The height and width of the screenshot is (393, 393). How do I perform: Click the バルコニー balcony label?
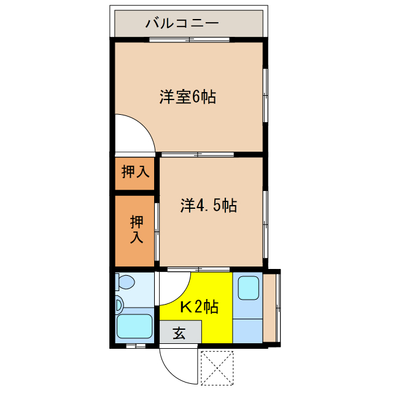[182, 24]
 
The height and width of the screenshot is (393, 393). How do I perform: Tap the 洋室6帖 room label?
[187, 96]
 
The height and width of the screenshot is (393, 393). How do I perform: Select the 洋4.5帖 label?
[208, 205]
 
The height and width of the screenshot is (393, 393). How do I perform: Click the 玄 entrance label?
[179, 333]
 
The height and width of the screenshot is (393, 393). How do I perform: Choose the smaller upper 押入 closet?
[134, 173]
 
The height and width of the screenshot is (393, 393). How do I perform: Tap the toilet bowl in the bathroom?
[126, 283]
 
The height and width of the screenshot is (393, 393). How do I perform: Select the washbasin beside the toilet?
[119, 304]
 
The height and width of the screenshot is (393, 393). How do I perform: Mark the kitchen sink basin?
[248, 287]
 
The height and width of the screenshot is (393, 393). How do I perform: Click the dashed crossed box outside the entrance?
[218, 368]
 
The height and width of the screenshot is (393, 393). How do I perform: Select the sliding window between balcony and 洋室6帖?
[189, 41]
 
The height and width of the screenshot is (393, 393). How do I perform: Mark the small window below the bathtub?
[136, 346]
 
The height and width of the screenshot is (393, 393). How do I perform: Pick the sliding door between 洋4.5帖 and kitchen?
[199, 269]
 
